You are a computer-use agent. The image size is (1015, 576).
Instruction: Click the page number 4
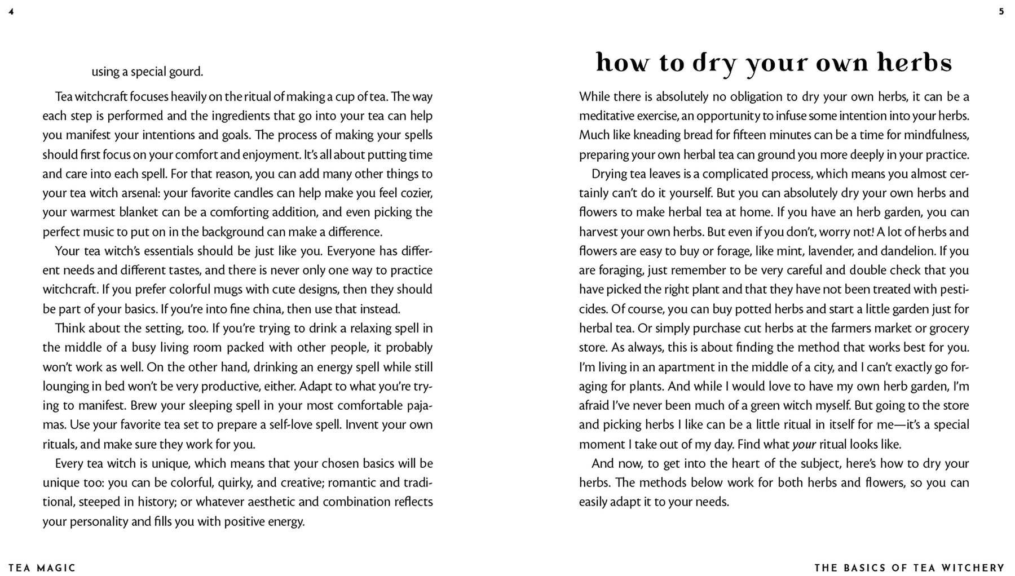[11, 11]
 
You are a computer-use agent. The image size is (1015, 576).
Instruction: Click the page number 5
[1001, 11]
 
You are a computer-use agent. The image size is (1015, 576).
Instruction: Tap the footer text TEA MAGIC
[42, 568]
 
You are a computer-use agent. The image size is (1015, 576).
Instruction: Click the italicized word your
[804, 445]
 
